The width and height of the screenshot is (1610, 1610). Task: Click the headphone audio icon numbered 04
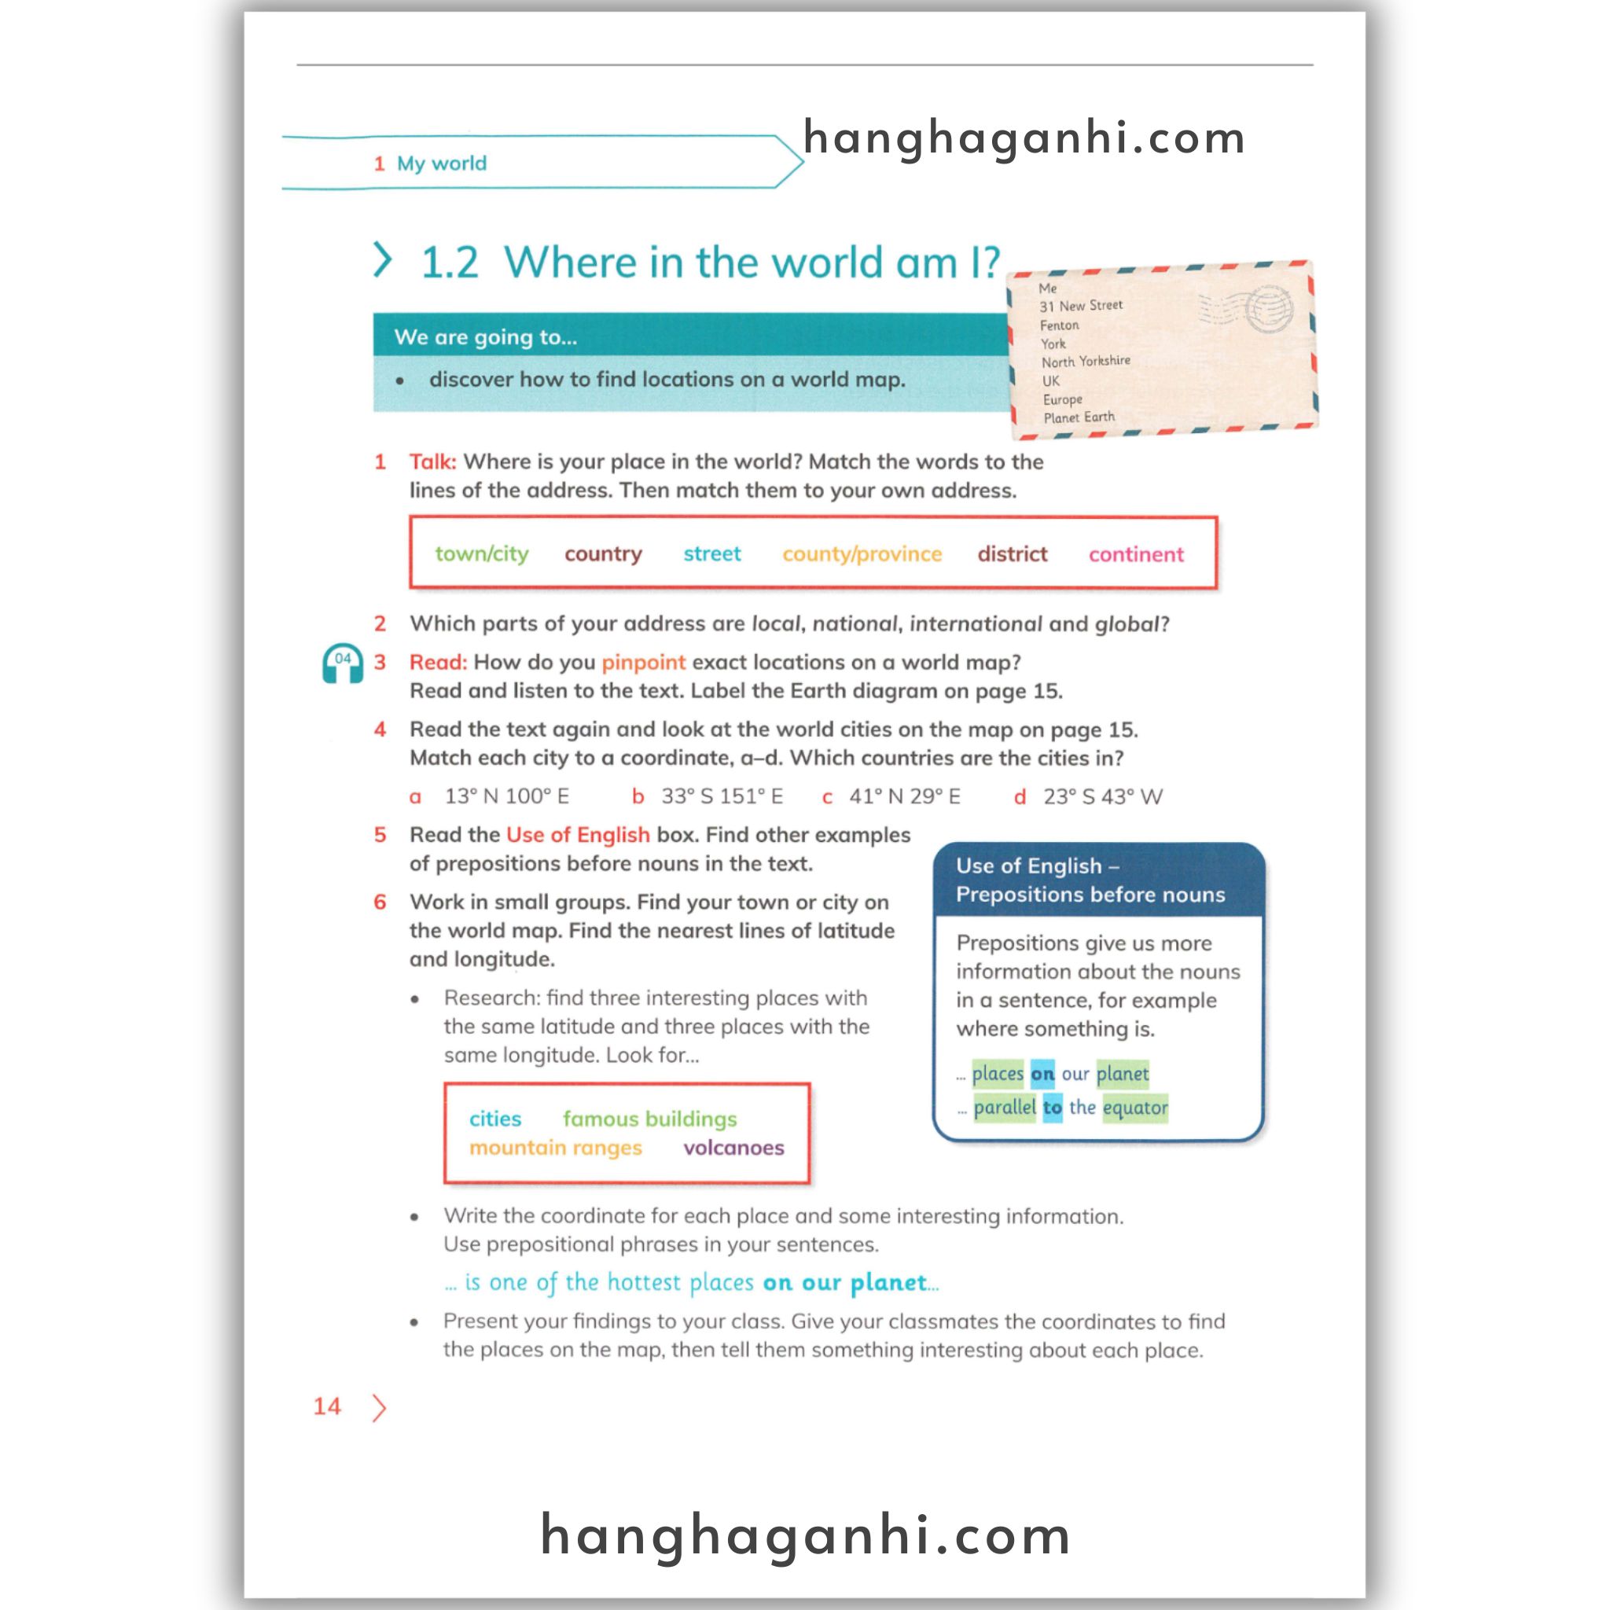pos(343,663)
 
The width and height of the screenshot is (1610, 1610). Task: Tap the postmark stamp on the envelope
pos(1268,309)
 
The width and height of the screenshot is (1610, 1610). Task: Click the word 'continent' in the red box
pos(1135,554)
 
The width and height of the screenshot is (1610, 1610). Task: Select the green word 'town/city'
pos(482,554)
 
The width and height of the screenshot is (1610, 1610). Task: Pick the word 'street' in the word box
pos(711,554)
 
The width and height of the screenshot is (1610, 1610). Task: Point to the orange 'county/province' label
pos(862,554)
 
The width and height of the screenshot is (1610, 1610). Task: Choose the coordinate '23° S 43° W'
pos(1101,796)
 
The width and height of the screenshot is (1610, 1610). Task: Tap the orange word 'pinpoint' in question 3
pos(643,663)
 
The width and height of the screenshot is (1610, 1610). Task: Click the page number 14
pos(328,1406)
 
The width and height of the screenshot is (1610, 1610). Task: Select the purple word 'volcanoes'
pos(733,1149)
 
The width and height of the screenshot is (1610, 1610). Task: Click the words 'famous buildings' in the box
pos(649,1119)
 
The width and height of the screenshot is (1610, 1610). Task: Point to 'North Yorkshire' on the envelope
pos(1085,362)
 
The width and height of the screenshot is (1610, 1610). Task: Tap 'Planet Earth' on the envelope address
pos(1079,417)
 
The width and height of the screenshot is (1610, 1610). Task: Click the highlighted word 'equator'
pos(1134,1108)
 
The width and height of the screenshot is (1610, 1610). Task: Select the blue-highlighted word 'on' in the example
pos(1042,1074)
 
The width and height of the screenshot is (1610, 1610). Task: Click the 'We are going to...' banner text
pos(485,337)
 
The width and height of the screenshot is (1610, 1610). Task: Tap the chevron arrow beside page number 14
pos(379,1407)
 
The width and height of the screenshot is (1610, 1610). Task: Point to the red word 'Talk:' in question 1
pos(432,461)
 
